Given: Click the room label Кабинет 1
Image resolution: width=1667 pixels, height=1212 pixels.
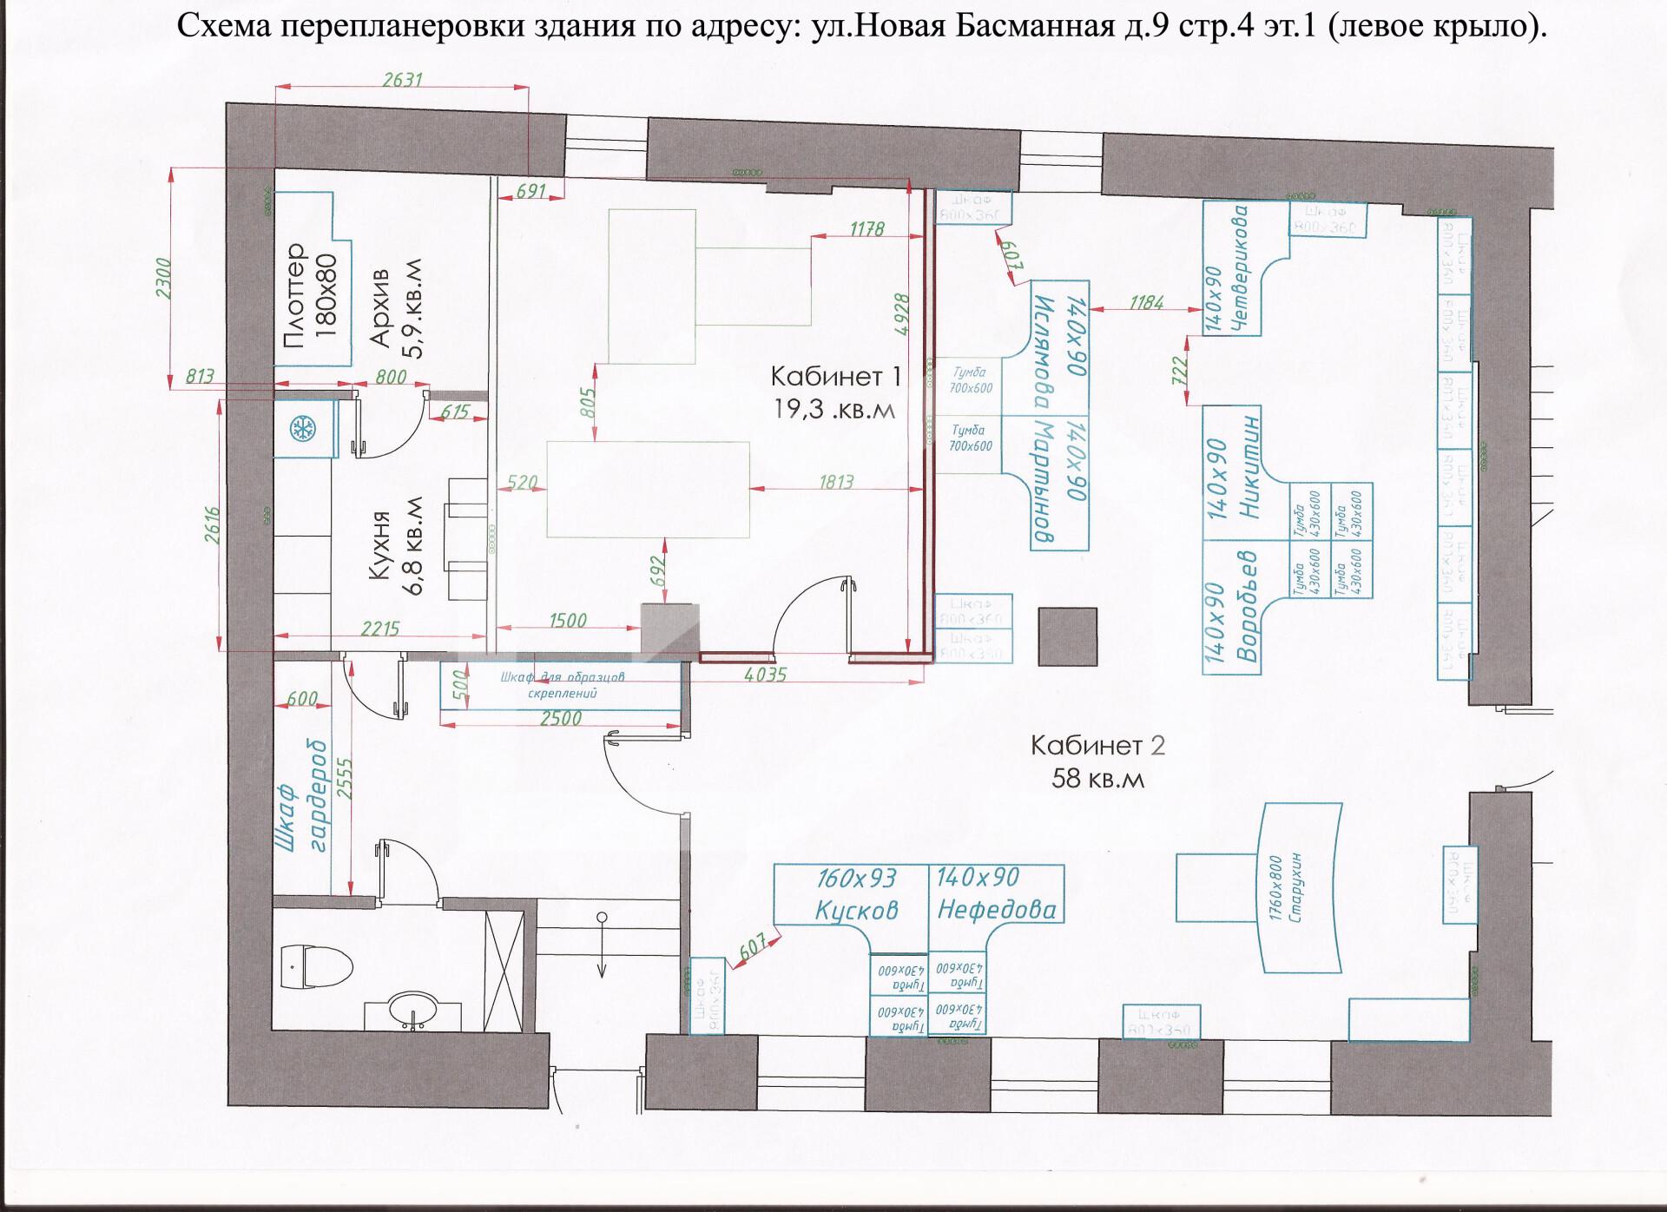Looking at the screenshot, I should tap(835, 377).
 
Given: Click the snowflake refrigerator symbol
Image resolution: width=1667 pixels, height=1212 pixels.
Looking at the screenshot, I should tap(302, 429).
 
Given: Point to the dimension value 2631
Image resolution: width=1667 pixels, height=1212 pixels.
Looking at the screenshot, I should tap(401, 79).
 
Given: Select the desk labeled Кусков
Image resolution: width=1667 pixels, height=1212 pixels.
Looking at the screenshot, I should tap(855, 909).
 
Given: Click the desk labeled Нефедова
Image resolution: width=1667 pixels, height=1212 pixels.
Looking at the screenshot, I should tap(996, 909).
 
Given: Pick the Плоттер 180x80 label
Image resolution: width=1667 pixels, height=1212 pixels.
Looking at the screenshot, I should tap(311, 295).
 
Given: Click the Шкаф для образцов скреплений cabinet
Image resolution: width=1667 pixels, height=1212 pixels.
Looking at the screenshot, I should tap(561, 685).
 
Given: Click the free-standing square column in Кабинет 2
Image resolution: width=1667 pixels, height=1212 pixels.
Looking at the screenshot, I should tap(1068, 636).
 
